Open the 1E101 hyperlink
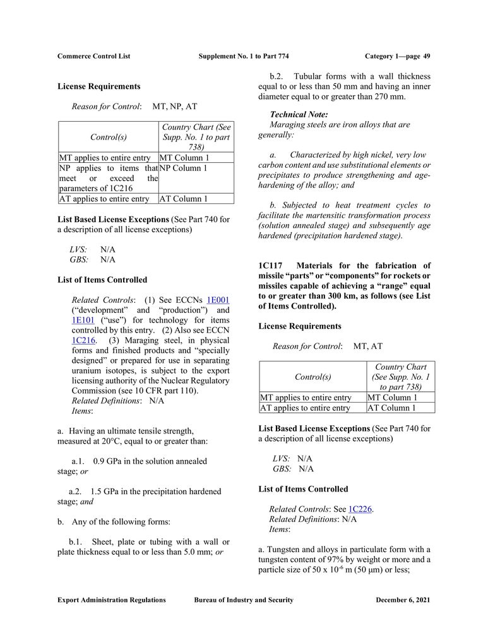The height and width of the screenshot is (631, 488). (x=83, y=320)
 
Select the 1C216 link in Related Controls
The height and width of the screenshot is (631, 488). (x=83, y=340)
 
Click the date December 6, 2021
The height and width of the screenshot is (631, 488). (x=403, y=600)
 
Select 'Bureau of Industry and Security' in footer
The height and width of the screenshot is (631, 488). (x=244, y=600)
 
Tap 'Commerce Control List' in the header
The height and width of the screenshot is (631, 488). (x=93, y=56)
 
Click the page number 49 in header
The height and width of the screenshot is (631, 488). (x=427, y=56)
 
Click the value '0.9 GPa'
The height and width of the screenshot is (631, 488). (x=109, y=461)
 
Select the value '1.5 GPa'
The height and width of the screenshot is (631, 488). (x=107, y=492)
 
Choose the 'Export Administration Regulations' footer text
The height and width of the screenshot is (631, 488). (x=111, y=600)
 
